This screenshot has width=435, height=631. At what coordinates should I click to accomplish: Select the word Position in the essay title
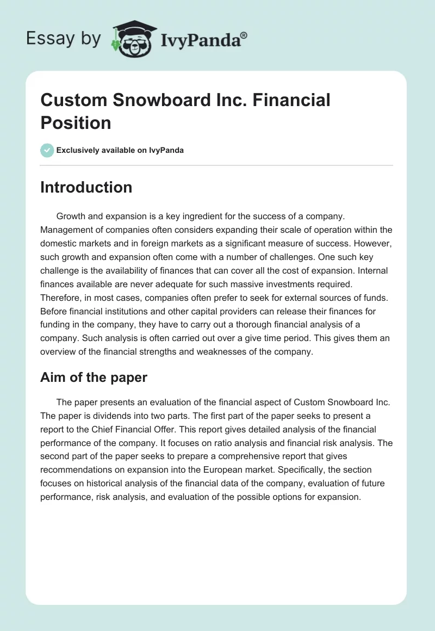pyautogui.click(x=76, y=122)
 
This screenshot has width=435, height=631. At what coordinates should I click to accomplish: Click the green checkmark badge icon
pyautogui.click(x=47, y=150)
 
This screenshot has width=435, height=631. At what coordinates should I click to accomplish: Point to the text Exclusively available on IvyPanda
pyautogui.click(x=120, y=150)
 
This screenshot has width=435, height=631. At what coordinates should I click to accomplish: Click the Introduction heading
pyautogui.click(x=86, y=187)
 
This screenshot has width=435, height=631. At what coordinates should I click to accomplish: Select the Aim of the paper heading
pyautogui.click(x=94, y=377)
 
